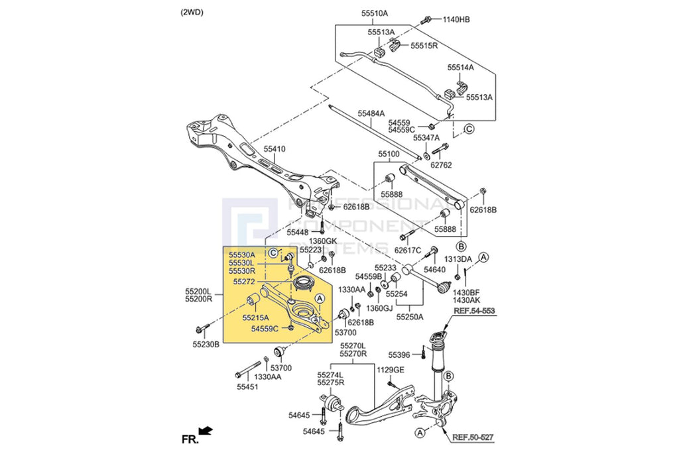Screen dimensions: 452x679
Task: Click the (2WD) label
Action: pos(193,13)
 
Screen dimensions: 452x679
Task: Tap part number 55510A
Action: pos(375,13)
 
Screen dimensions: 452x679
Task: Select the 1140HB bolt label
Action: pos(456,19)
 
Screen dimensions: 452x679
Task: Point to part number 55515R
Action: pos(424,46)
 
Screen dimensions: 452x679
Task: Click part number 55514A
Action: pos(460,68)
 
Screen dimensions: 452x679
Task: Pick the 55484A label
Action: pos(371,113)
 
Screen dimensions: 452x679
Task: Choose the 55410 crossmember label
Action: pos(274,149)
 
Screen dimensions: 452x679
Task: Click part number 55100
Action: pos(389,154)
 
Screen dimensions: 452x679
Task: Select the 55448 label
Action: pos(298,233)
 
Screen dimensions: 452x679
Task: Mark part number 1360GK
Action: pos(324,241)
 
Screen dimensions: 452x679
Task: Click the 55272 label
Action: pos(244,282)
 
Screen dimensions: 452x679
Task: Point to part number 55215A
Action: pos(256,318)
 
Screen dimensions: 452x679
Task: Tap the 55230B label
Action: pos(206,344)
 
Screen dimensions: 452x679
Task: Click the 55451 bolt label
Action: pos(247,386)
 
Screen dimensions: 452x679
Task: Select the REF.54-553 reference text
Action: pos(474,310)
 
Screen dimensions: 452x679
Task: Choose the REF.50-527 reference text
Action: pos(474,437)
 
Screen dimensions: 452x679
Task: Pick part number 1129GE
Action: pos(390,370)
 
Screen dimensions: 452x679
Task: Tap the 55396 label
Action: pos(400,355)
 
